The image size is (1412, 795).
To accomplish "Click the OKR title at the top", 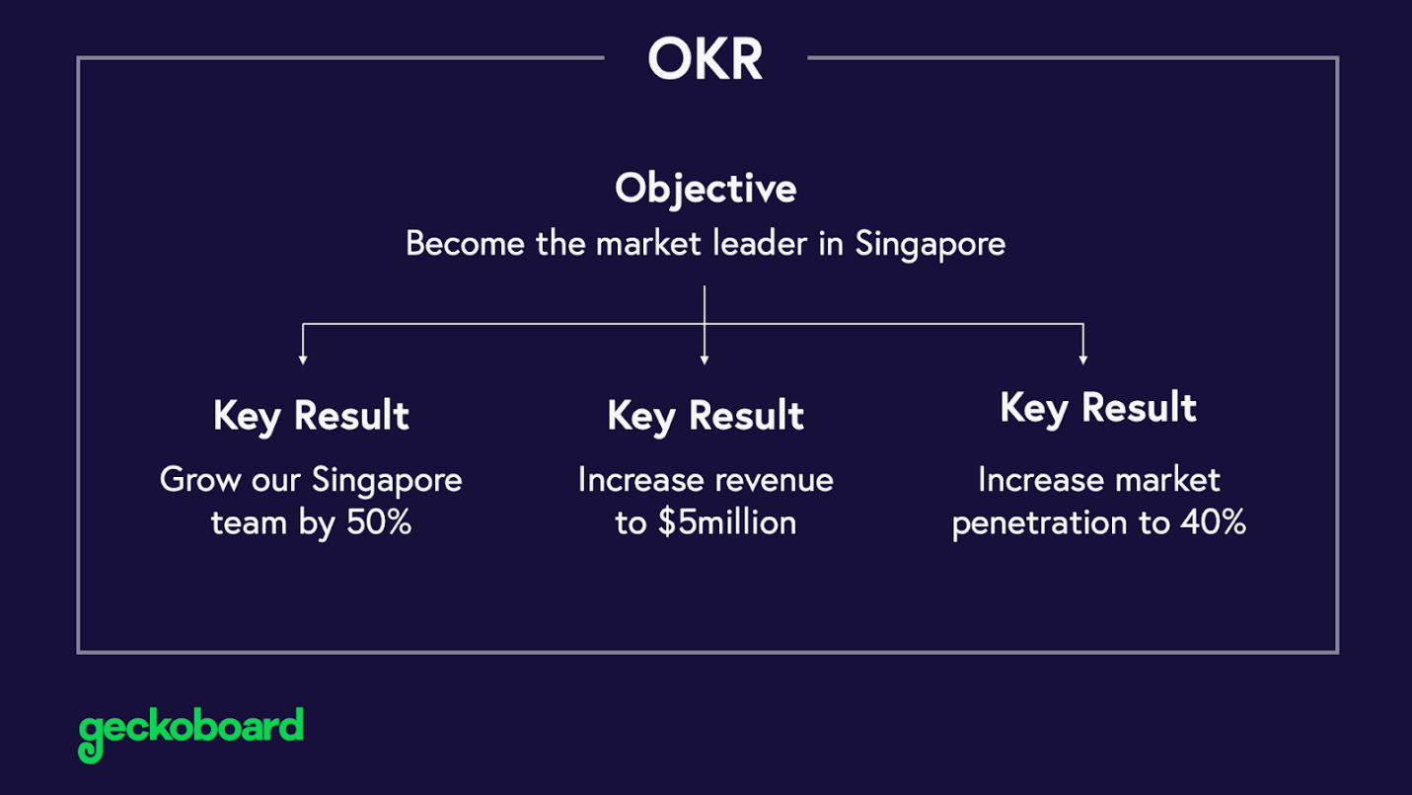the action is tap(706, 58).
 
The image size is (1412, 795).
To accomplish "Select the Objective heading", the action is tap(706, 189).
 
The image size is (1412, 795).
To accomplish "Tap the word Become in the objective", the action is tap(465, 244).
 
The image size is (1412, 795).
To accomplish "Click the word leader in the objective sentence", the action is tap(760, 244).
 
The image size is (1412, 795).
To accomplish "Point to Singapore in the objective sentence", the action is tap(929, 245).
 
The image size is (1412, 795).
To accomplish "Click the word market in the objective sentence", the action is tap(648, 244).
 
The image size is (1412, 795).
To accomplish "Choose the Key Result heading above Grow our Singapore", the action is tap(311, 416).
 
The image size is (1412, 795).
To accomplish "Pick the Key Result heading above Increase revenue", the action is tap(706, 416).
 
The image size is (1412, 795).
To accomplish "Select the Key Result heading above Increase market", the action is tap(1098, 408).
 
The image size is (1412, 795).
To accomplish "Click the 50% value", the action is tap(379, 522).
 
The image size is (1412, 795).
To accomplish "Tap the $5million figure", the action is tap(727, 522).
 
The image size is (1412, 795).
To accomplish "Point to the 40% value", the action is tap(1213, 522).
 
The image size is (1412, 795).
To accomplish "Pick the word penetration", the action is tap(1039, 523).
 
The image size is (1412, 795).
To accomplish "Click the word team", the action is tap(249, 523).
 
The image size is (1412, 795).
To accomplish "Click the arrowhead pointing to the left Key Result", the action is tap(303, 360).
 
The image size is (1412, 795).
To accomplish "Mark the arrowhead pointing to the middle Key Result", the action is tap(705, 360).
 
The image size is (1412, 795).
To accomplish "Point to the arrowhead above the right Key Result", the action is tap(1083, 360).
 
